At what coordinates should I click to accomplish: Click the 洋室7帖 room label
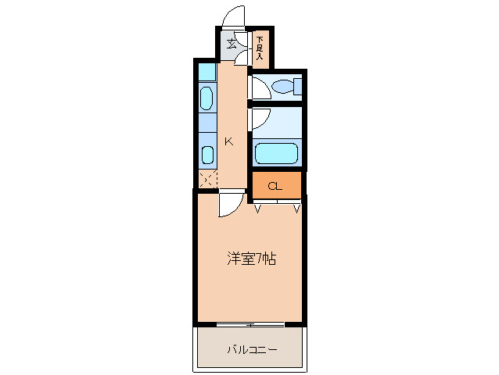[x=250, y=259]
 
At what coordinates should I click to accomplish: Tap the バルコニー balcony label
[x=252, y=349]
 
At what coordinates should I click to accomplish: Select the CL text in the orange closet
[x=275, y=186]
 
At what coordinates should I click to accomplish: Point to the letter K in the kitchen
[x=228, y=141]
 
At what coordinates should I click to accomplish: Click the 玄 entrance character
[x=232, y=44]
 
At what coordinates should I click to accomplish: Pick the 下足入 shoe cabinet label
[x=259, y=48]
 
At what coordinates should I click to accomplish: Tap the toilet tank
[x=298, y=86]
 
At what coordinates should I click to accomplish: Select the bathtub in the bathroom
[x=277, y=153]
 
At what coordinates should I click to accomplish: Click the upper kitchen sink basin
[x=206, y=98]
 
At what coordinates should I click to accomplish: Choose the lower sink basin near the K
[x=206, y=153]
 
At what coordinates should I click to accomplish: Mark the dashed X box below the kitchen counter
[x=206, y=178]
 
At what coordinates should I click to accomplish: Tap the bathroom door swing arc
[x=260, y=119]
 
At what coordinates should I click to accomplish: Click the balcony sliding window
[x=249, y=323]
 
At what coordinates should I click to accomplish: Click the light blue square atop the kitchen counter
[x=206, y=73]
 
